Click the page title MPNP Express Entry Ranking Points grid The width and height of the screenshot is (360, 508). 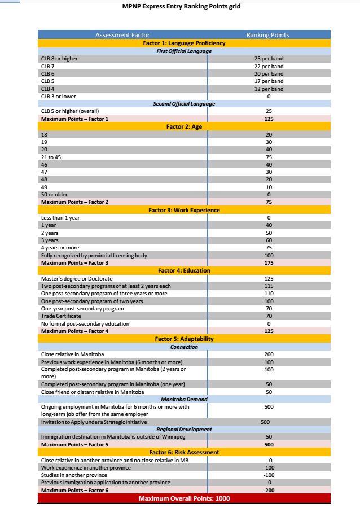click(x=185, y=7)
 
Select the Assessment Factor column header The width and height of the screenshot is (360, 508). click(x=122, y=35)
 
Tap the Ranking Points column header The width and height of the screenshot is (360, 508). click(x=267, y=35)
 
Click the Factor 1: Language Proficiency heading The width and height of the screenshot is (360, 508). click(x=184, y=43)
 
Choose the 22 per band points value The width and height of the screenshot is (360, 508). click(x=269, y=66)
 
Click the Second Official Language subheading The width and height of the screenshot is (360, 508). click(x=184, y=104)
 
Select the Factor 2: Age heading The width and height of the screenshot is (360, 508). click(x=184, y=127)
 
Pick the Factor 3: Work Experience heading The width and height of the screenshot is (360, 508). click(x=184, y=210)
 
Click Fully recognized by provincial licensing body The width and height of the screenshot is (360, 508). click(x=94, y=255)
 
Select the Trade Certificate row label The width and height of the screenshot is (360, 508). click(x=62, y=316)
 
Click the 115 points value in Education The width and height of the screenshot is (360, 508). click(x=269, y=286)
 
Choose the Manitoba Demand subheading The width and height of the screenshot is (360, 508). click(x=184, y=399)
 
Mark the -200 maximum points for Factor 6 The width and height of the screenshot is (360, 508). click(x=269, y=490)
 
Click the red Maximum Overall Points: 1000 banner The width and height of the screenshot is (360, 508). click(x=184, y=498)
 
